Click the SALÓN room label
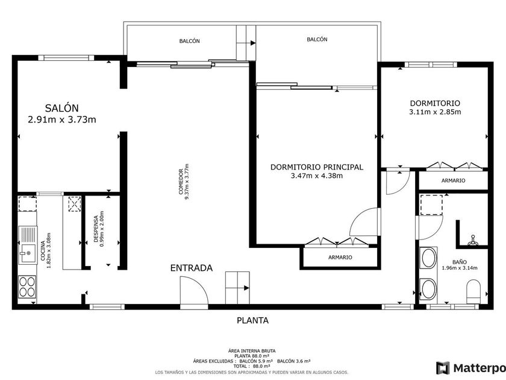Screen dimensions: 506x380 [x=61, y=108]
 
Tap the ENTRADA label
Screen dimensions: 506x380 [x=192, y=268]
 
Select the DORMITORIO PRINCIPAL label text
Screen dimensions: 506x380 [x=317, y=167]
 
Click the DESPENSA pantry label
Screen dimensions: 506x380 [x=96, y=229]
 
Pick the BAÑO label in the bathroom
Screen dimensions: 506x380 [x=460, y=262]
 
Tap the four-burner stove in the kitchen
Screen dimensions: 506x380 [x=27, y=287]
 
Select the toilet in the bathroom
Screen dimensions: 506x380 [x=473, y=291]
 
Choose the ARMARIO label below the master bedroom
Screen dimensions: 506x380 [x=340, y=258]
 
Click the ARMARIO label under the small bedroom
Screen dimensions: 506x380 [x=454, y=180]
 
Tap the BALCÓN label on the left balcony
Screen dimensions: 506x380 [x=189, y=41]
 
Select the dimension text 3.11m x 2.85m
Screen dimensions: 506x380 [x=435, y=112]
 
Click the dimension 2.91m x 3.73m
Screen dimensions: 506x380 [x=62, y=120]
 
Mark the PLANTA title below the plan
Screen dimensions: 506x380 [x=252, y=320]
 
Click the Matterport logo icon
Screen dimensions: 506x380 [x=443, y=368]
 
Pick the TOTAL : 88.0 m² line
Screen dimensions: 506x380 [x=252, y=366]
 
